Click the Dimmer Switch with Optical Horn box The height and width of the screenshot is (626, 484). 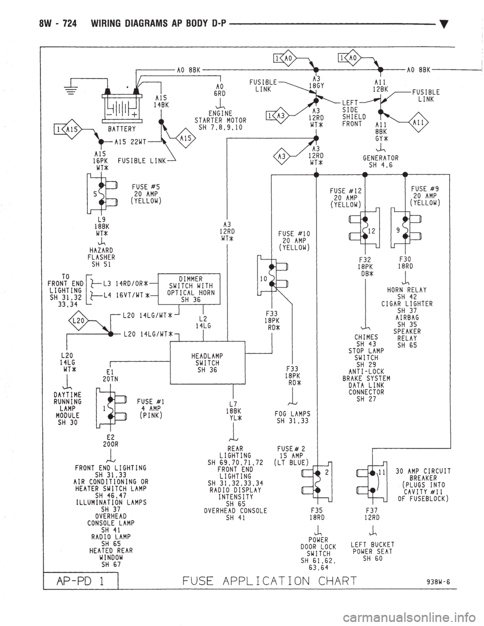189,289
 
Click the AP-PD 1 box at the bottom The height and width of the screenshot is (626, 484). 81,581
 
